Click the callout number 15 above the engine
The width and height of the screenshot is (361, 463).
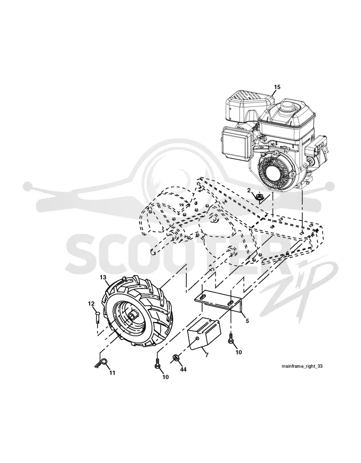tap(277, 87)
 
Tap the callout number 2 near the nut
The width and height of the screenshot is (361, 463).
tap(249, 190)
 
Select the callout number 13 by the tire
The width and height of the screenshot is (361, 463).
tap(102, 277)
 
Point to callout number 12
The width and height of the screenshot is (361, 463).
tap(91, 303)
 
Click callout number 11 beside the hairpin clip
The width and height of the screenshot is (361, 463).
tap(112, 373)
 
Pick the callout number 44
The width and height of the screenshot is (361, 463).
tap(183, 369)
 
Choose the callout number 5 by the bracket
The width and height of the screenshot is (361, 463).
tap(247, 321)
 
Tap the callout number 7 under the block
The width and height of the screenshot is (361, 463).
tap(206, 355)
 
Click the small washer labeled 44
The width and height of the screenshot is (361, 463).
tap(175, 358)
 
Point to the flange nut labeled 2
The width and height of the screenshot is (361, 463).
tap(260, 197)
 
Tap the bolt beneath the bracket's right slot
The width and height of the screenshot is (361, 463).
tap(231, 339)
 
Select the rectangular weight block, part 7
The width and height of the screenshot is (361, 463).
tap(204, 333)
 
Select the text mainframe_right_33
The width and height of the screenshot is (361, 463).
tap(302, 366)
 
